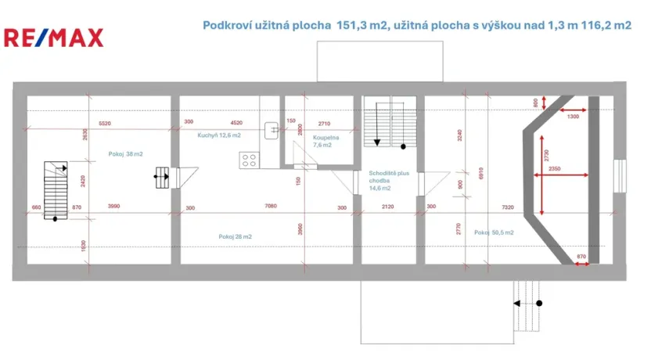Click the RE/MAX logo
pyautogui.click(x=53, y=37)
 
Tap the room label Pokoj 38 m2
pyautogui.click(x=125, y=154)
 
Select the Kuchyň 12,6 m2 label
pyautogui.click(x=219, y=135)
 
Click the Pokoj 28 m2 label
pyautogui.click(x=236, y=236)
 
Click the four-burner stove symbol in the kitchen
pyautogui.click(x=250, y=160)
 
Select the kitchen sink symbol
pyautogui.click(x=271, y=130)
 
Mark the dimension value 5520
pyautogui.click(x=105, y=123)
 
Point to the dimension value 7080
pyautogui.click(x=271, y=207)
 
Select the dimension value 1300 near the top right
pyautogui.click(x=574, y=117)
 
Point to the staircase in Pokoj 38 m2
pyautogui.click(x=54, y=190)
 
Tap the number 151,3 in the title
pyautogui.click(x=351, y=25)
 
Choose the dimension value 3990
pyautogui.click(x=113, y=207)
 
